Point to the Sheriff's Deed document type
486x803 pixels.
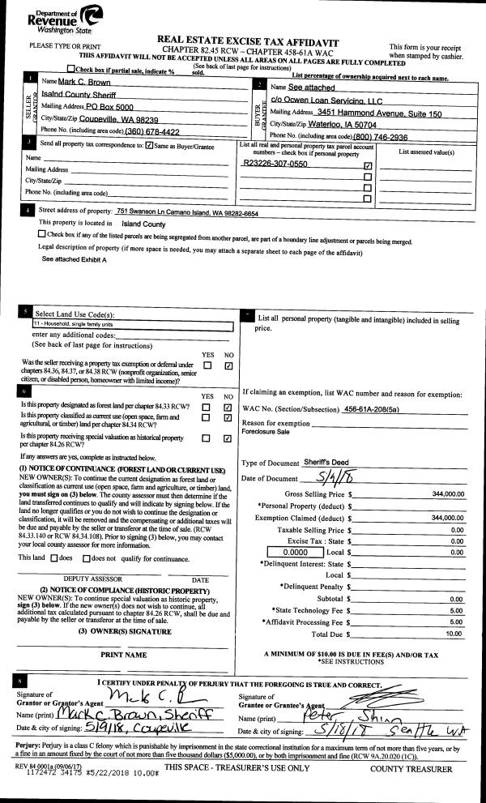click(328, 461)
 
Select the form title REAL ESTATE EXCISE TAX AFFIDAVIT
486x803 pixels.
click(247, 41)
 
